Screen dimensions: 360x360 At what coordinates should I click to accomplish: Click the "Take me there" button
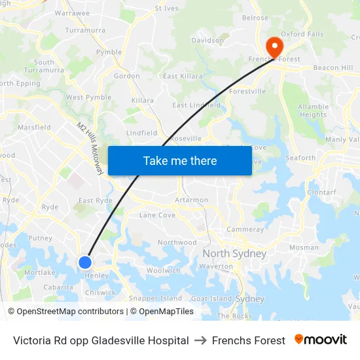pyautogui.click(x=180, y=160)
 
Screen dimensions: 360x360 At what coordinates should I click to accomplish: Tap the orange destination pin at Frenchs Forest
pyautogui.click(x=273, y=46)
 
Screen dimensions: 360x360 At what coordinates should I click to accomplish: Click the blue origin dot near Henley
pyautogui.click(x=85, y=262)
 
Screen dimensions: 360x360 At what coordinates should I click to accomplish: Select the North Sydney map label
pyautogui.click(x=234, y=253)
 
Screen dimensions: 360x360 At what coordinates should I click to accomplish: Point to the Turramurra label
pyautogui.click(x=85, y=30)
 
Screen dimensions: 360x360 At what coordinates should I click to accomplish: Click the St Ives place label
pyautogui.click(x=166, y=9)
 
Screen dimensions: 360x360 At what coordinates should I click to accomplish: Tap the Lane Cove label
pyautogui.click(x=157, y=215)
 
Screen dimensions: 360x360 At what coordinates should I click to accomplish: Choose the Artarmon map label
pyautogui.click(x=192, y=200)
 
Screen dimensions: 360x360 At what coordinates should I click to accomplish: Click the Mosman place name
pyautogui.click(x=304, y=247)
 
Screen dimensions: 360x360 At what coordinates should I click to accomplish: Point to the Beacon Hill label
pyautogui.click(x=333, y=67)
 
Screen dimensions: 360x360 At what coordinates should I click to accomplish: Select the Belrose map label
pyautogui.click(x=255, y=18)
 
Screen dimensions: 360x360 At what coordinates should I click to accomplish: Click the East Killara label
pyautogui.click(x=183, y=77)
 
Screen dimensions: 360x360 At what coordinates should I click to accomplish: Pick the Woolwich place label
pyautogui.click(x=163, y=270)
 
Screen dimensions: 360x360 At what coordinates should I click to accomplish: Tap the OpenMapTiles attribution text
pyautogui.click(x=166, y=312)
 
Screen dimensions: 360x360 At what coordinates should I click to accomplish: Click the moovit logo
pyautogui.click(x=321, y=340)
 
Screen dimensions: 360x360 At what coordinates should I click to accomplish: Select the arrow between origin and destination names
pyautogui.click(x=200, y=340)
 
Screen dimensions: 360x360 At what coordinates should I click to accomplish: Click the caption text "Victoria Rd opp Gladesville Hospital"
pyautogui.click(x=101, y=340)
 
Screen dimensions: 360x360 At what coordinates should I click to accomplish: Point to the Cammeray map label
pyautogui.click(x=245, y=230)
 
